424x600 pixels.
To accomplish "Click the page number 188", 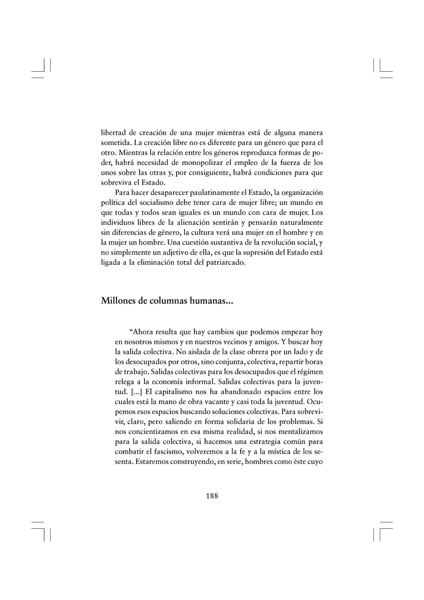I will point(212,496).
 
